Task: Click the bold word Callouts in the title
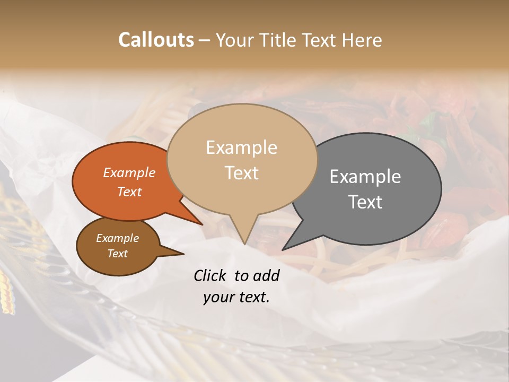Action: [x=156, y=40]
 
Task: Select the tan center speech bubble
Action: [x=242, y=159]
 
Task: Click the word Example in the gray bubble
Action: [x=365, y=177]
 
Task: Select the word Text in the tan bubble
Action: [x=242, y=173]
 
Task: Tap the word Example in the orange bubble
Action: [x=129, y=172]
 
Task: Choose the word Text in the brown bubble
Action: [x=118, y=254]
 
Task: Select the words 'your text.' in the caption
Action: [x=236, y=297]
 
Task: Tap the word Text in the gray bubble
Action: [x=366, y=202]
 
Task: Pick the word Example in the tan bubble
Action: [x=242, y=147]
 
